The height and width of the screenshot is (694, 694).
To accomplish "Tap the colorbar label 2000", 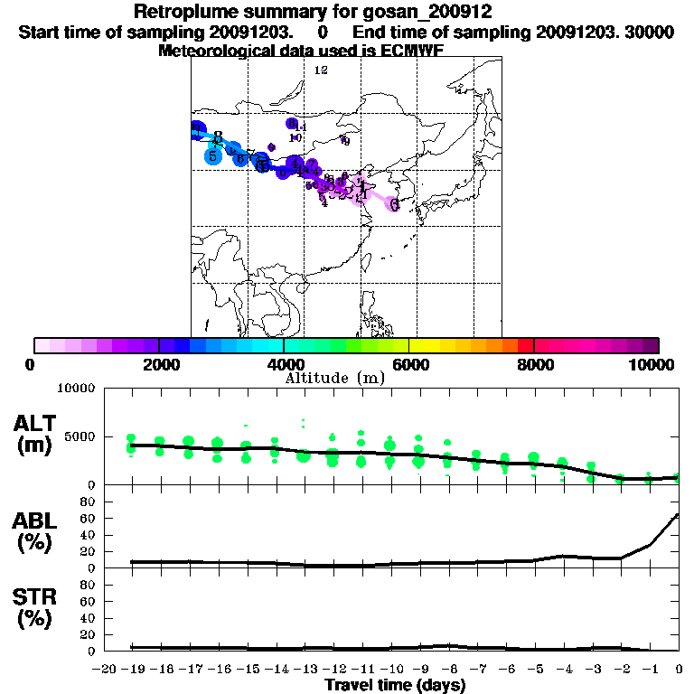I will point(159,364).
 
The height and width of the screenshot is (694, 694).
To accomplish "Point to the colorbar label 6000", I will point(409,364).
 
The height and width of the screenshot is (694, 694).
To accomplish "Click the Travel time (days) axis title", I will point(395,686).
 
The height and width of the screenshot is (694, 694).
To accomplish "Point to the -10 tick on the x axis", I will point(390,669).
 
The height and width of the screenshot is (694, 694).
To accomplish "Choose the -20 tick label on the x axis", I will point(105,669).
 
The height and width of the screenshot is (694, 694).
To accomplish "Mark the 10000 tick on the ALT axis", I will point(76,388).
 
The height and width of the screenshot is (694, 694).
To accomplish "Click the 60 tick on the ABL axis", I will point(89,517).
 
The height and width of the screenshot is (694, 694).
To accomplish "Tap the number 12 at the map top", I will point(320,70).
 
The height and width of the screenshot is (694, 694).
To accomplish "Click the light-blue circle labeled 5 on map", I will point(212,156).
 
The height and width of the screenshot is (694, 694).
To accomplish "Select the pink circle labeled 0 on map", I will point(394,204).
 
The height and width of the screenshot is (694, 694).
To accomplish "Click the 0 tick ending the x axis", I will point(679,669).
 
